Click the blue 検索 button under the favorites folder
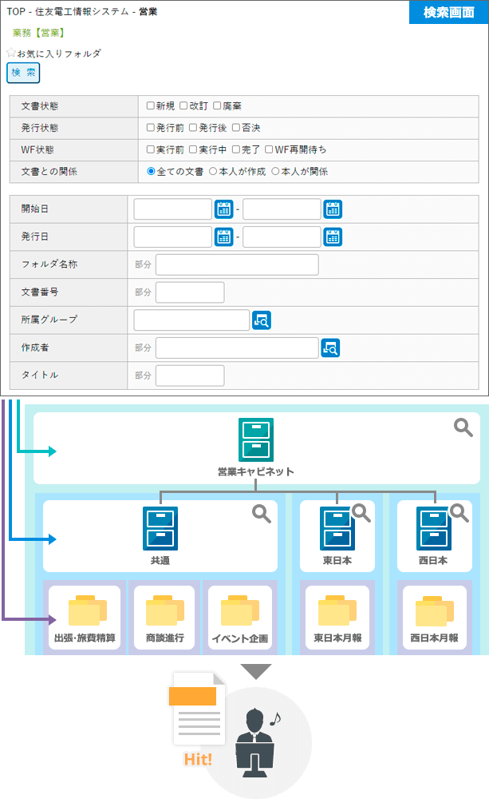[23, 73]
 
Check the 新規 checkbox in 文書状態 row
[150, 105]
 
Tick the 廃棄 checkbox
[217, 105]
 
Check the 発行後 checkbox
[193, 127]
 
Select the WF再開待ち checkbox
[269, 149]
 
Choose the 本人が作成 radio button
[213, 171]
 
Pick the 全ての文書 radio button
[151, 171]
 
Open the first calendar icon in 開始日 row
[224, 209]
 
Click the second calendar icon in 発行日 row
[333, 237]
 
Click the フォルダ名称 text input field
[237, 265]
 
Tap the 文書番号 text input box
[190, 292]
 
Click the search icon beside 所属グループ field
[262, 320]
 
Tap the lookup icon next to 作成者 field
[330, 348]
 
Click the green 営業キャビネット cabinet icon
[256, 439]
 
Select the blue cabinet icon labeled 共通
[160, 528]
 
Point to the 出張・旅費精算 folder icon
[88, 610]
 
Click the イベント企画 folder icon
[240, 610]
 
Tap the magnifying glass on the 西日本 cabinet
[459, 513]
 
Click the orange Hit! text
[198, 759]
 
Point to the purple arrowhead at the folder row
[52, 620]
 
